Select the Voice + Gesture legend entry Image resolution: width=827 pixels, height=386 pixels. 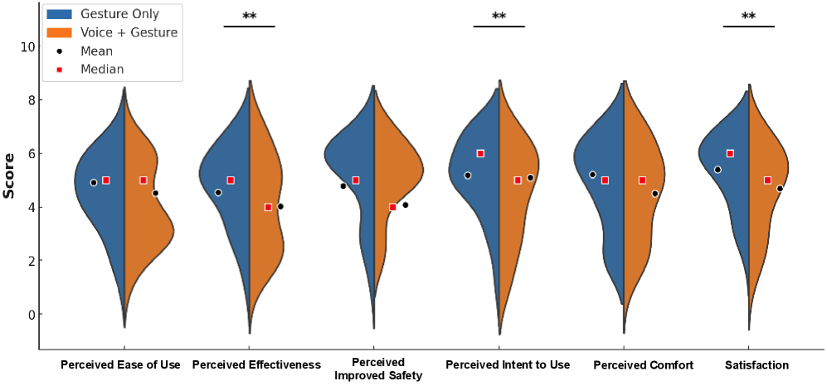point(129,32)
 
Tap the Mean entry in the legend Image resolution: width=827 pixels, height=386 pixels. point(96,51)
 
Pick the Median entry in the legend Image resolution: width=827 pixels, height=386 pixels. point(102,70)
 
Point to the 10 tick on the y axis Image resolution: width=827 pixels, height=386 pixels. point(27,46)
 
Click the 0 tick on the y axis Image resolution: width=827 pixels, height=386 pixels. point(31,315)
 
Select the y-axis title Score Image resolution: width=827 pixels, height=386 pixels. point(9,175)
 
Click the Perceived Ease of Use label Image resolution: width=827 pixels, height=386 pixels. point(120,365)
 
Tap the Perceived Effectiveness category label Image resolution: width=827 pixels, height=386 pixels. point(255,365)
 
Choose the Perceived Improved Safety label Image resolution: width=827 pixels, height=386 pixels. point(377,369)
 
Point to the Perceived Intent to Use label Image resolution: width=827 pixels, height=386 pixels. point(508,365)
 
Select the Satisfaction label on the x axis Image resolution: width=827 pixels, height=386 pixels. point(756,365)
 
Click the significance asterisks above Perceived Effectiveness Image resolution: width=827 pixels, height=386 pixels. point(249,17)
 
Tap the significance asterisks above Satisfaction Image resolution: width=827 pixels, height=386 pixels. point(748,17)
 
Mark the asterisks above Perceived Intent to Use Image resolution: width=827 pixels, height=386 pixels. point(499,17)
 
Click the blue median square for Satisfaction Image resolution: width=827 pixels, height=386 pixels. point(730,153)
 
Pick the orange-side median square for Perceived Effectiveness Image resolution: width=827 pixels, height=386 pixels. point(268,207)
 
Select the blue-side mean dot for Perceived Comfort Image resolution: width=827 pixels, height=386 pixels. point(592,175)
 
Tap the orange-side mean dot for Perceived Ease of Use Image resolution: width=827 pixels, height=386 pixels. point(155,193)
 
